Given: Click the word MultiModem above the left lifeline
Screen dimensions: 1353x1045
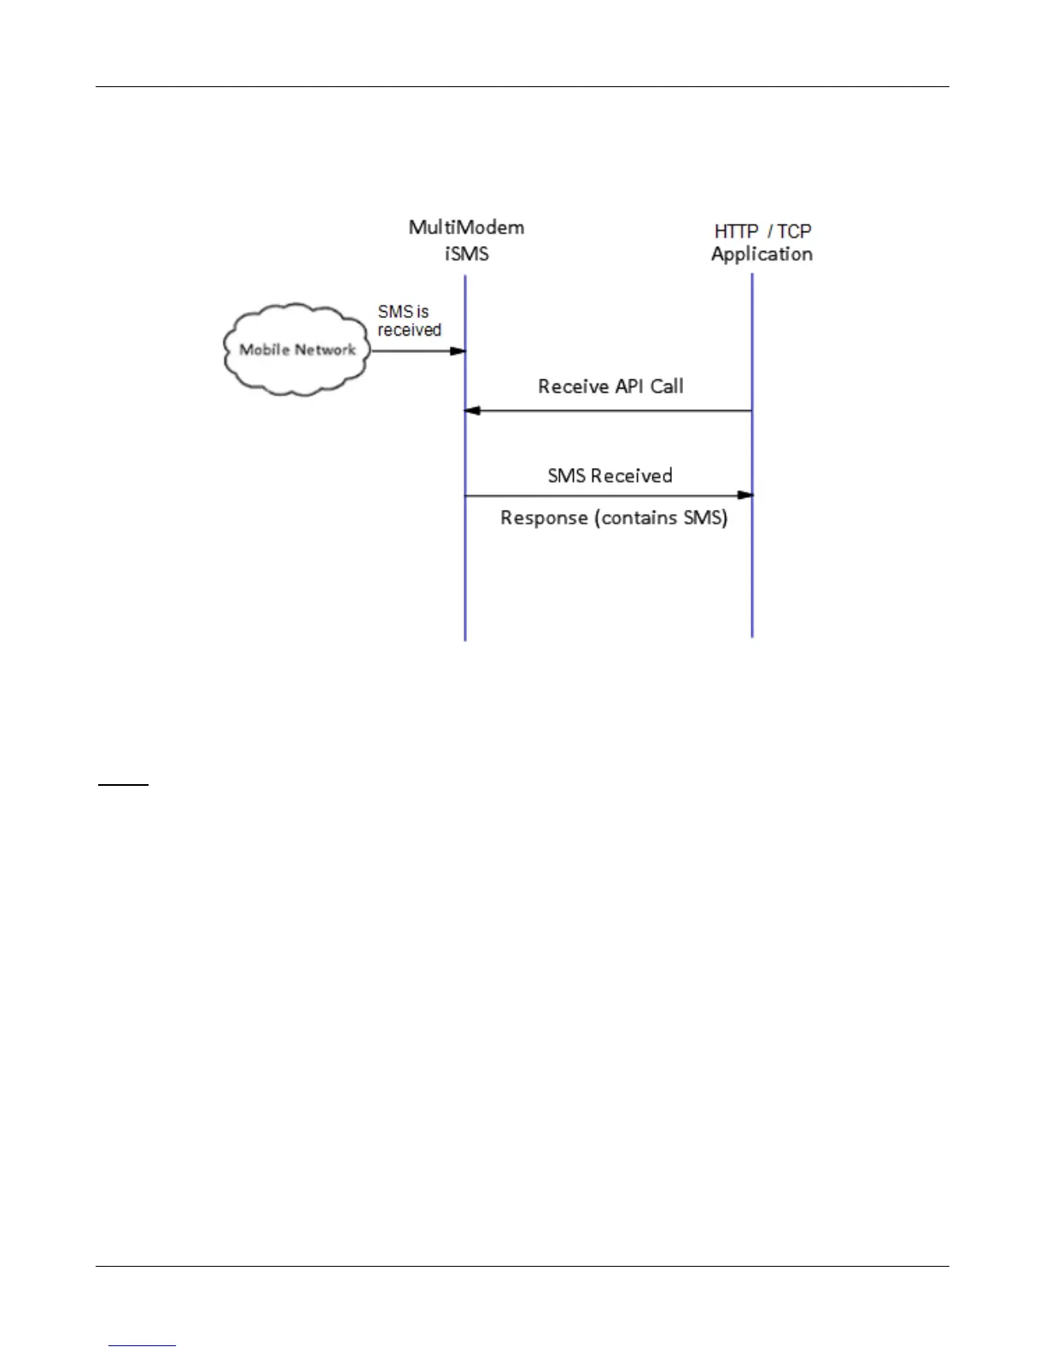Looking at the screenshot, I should (x=466, y=227).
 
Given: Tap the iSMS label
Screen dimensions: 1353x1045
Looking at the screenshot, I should (x=466, y=253).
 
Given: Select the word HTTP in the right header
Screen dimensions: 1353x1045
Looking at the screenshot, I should (x=736, y=231).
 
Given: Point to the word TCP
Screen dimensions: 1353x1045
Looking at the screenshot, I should (x=794, y=231).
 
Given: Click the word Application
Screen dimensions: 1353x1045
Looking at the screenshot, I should (x=762, y=254).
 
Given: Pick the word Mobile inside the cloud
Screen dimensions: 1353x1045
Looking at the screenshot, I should (x=264, y=349).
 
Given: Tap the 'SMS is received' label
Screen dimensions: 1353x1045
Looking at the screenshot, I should (x=409, y=320).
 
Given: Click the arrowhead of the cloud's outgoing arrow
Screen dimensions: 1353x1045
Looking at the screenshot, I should (x=458, y=351).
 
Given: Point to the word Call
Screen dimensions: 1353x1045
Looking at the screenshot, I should (x=667, y=386).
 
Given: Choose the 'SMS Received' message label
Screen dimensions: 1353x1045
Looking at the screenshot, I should (x=610, y=476).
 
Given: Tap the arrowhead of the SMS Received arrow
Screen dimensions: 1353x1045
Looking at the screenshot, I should (x=745, y=495).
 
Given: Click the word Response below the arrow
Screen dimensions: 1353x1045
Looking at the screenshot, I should (x=544, y=518).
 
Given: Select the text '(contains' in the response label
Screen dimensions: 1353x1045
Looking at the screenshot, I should (x=628, y=518).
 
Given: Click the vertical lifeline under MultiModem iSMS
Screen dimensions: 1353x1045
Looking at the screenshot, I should (x=465, y=581).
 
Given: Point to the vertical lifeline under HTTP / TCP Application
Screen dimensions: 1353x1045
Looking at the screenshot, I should (x=752, y=581).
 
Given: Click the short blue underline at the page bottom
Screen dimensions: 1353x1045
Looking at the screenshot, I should (x=143, y=1345).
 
